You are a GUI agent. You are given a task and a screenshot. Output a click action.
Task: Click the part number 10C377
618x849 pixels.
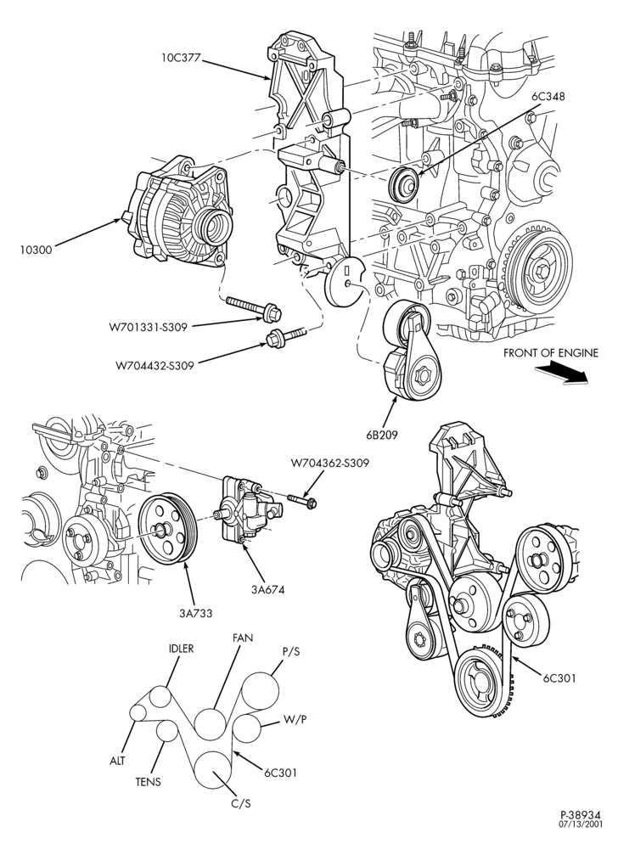[x=181, y=56]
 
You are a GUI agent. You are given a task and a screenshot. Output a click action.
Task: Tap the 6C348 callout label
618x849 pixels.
[x=548, y=97]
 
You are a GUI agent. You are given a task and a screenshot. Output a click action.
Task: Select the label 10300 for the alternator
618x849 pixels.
[x=36, y=250]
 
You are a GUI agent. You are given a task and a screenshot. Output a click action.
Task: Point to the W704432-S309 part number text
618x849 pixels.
[x=154, y=365]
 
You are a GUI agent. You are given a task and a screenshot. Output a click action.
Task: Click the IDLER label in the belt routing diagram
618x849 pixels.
[x=181, y=648]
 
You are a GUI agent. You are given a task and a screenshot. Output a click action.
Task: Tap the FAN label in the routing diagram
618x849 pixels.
[x=243, y=638]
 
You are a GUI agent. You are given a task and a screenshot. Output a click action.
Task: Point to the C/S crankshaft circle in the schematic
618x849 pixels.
[x=214, y=771]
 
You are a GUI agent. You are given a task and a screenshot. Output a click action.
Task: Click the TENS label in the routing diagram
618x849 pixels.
[x=148, y=782]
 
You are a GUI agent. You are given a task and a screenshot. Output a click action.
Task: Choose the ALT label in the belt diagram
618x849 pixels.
[x=117, y=760]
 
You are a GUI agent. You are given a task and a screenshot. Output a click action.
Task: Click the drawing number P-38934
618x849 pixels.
[x=581, y=829]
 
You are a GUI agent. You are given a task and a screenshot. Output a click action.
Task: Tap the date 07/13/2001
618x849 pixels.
[x=581, y=839]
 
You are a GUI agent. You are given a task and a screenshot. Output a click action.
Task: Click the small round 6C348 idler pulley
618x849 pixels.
[x=404, y=186]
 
